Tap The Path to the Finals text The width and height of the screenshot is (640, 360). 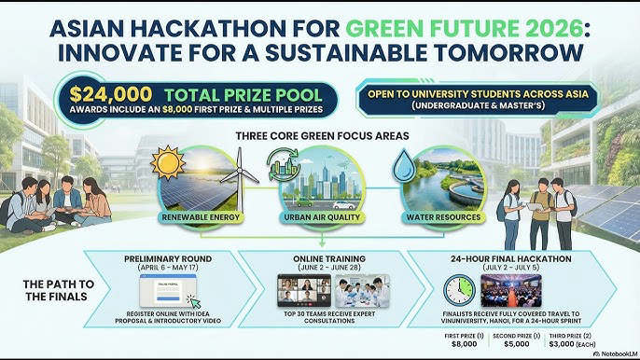[x=46, y=290]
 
